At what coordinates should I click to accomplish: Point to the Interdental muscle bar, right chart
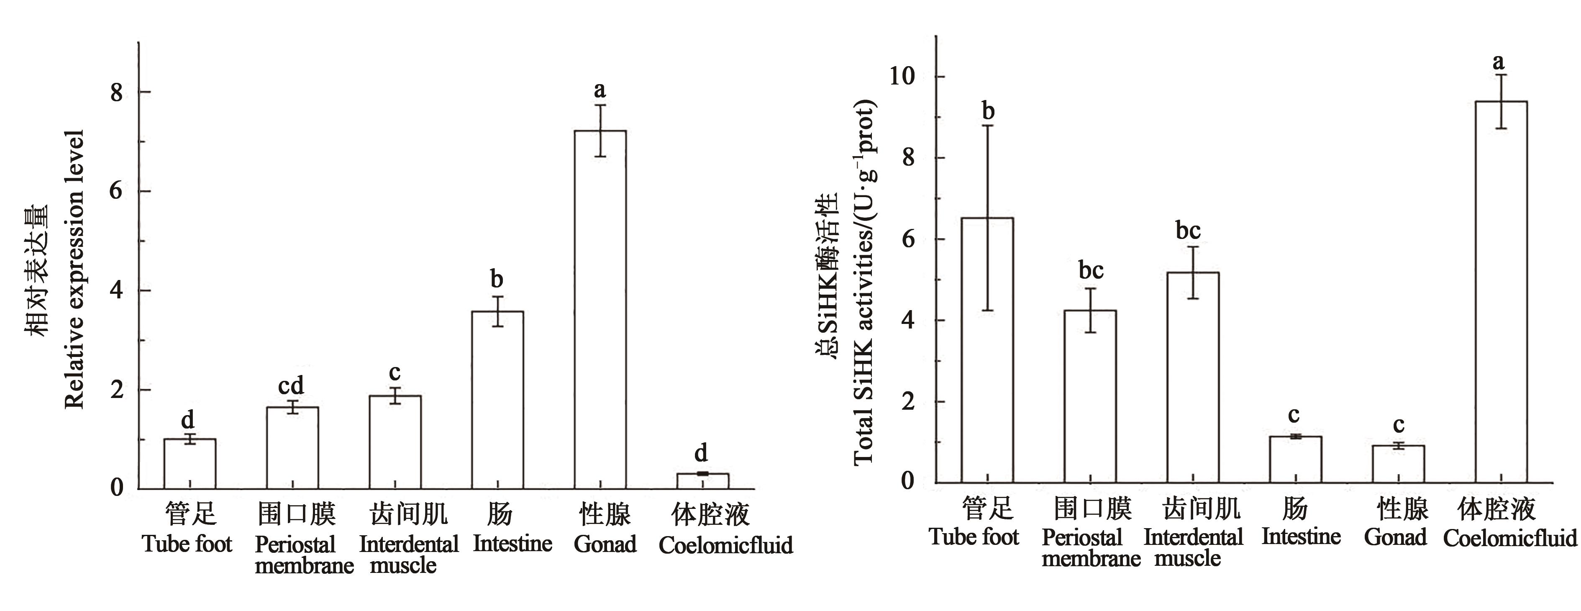pyautogui.click(x=1192, y=377)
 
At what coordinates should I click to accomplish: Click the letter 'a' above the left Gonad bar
pyautogui.click(x=600, y=90)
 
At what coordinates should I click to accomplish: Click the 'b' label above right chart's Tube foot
pyautogui.click(x=988, y=111)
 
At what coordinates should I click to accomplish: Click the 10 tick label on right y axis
pyautogui.click(x=902, y=77)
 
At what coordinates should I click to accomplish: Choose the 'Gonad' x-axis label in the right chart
pyautogui.click(x=1395, y=537)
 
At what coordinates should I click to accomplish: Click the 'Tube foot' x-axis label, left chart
pyautogui.click(x=187, y=544)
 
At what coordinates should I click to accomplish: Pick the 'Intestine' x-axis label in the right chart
pyautogui.click(x=1301, y=537)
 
